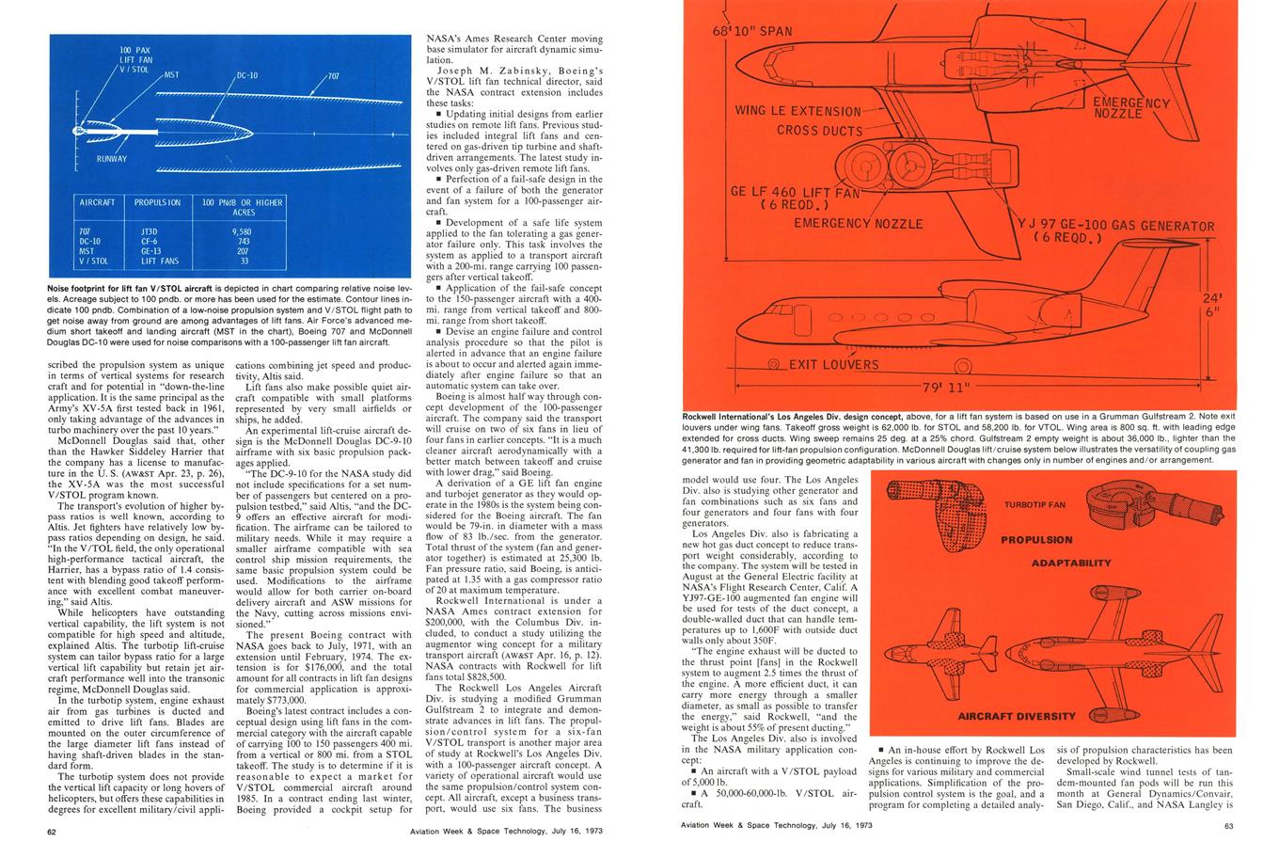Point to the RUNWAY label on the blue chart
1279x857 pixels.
[111, 158]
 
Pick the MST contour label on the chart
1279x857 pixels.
[172, 74]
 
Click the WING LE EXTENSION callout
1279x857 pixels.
[797, 112]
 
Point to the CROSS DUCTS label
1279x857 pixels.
[819, 131]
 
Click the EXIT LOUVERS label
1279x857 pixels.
[833, 365]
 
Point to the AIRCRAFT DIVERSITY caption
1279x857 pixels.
[1017, 716]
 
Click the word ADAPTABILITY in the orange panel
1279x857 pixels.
[1071, 563]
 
